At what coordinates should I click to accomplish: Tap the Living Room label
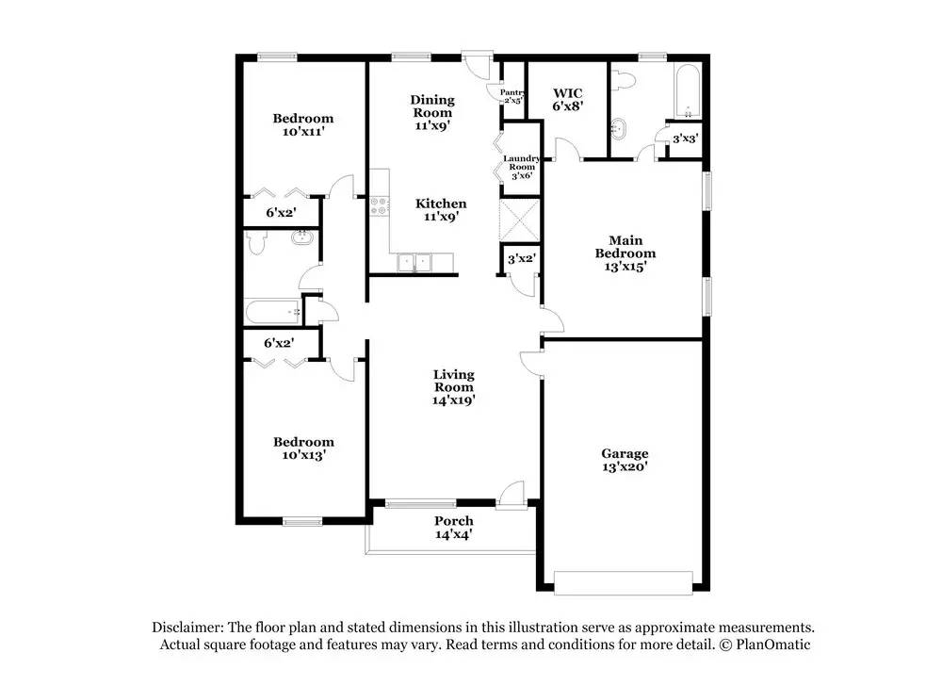[x=453, y=381]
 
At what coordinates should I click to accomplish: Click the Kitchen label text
[x=441, y=204]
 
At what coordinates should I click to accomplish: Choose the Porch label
[x=453, y=521]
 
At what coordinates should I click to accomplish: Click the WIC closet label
[x=568, y=93]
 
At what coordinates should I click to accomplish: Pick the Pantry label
[x=512, y=92]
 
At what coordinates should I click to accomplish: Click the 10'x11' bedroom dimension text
[x=303, y=133]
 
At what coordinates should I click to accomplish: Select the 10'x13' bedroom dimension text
[x=303, y=455]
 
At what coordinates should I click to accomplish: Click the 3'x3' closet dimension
[x=684, y=139]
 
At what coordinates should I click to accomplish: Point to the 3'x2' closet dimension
[x=521, y=258]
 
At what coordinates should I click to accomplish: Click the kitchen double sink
[x=412, y=262]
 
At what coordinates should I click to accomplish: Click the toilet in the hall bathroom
[x=257, y=245]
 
